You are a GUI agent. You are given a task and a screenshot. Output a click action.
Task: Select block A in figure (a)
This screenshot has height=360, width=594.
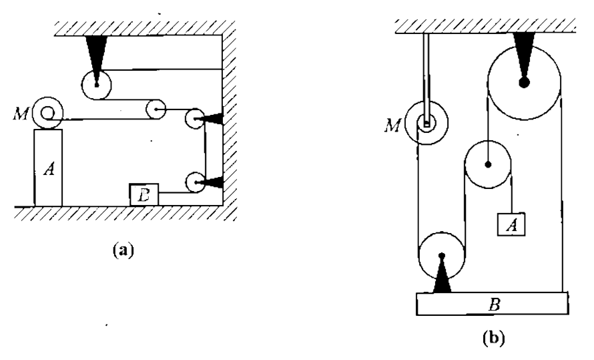[48, 168]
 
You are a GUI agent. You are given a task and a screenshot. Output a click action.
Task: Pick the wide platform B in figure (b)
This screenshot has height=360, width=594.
[493, 304]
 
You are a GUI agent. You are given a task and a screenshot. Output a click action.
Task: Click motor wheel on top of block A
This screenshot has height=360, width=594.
[49, 113]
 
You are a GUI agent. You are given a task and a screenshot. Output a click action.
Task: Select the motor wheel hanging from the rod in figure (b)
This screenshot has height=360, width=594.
[426, 122]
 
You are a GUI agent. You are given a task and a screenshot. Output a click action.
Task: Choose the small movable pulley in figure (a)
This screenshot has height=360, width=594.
[157, 110]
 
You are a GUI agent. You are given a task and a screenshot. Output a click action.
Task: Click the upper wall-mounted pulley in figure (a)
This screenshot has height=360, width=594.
[195, 119]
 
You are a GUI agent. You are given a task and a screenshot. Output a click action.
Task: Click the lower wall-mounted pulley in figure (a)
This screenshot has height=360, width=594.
[195, 182]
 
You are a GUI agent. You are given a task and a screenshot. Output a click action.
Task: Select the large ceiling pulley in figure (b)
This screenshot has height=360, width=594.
[524, 83]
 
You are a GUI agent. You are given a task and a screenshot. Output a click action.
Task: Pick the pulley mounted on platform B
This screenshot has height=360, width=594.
[441, 255]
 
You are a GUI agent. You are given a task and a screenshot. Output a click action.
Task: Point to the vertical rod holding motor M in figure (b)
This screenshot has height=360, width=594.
[426, 67]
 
